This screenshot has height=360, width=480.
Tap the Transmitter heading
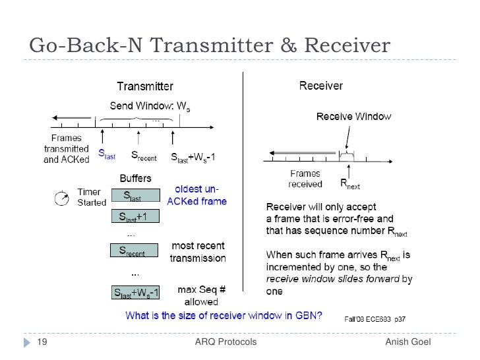(x=145, y=86)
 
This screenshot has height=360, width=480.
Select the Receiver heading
(x=321, y=86)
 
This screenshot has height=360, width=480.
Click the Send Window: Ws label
(x=150, y=106)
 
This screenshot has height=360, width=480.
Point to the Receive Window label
(x=354, y=117)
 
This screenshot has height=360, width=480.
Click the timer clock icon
(x=62, y=196)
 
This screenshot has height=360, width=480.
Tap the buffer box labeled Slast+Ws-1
(x=135, y=293)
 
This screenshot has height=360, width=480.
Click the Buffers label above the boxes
(x=135, y=178)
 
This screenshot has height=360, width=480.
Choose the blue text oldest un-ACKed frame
(x=197, y=196)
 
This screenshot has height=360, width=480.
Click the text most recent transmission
(x=198, y=252)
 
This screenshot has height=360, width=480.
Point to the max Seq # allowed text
(x=198, y=295)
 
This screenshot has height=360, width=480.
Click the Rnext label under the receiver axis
(x=350, y=183)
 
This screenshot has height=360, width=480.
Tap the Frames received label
(x=306, y=179)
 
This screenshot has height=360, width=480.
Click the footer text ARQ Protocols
(x=226, y=342)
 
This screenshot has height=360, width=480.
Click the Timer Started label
(x=92, y=196)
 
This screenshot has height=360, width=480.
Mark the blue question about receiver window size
(x=224, y=315)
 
